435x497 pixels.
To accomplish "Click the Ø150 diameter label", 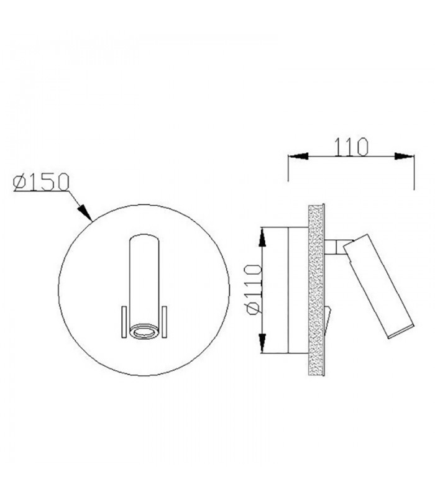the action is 41,182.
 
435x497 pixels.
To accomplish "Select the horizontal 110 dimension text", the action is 352,147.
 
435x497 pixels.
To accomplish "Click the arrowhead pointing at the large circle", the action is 85,211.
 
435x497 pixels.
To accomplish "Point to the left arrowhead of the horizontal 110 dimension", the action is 298,156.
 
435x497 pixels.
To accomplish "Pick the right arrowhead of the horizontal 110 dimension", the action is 405,156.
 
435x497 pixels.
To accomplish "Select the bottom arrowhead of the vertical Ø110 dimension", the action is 262,344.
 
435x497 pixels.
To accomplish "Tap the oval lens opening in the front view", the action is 144,332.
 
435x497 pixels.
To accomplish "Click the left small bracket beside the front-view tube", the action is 124,322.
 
